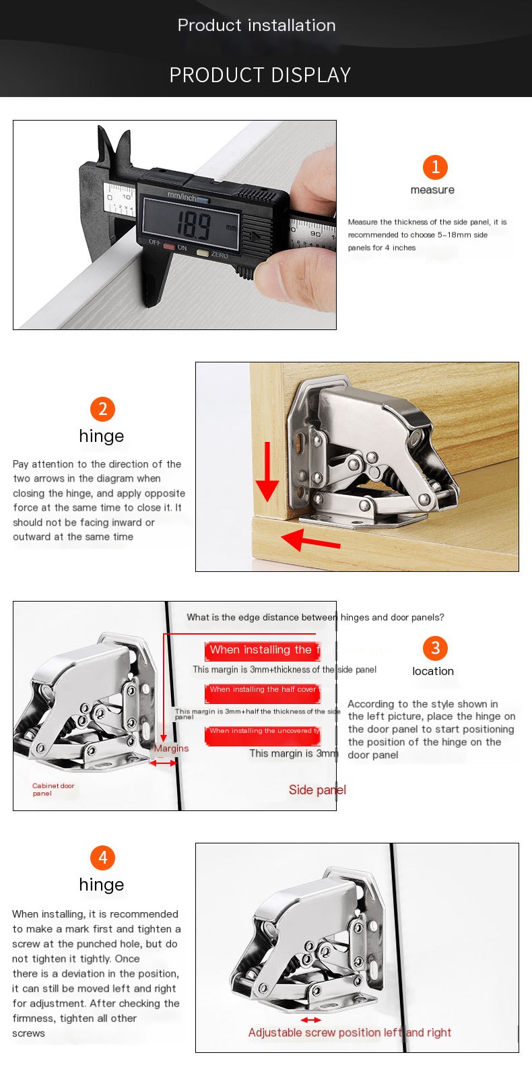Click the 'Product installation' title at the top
click(x=257, y=26)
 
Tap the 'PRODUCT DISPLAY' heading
click(x=260, y=75)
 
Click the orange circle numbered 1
click(x=435, y=167)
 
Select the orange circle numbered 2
click(x=102, y=409)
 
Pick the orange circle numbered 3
click(x=435, y=648)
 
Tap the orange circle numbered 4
click(x=102, y=858)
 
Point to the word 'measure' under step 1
click(x=432, y=190)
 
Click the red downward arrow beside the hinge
click(x=267, y=472)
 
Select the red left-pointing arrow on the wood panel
click(x=309, y=540)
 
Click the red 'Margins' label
click(x=171, y=748)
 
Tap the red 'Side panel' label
click(x=317, y=790)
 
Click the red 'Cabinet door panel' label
click(x=53, y=790)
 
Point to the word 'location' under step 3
click(x=433, y=671)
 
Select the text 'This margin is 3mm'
click(x=293, y=753)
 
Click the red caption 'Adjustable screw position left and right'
click(x=350, y=1033)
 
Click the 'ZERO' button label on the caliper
click(x=219, y=255)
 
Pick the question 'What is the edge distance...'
click(x=315, y=617)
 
